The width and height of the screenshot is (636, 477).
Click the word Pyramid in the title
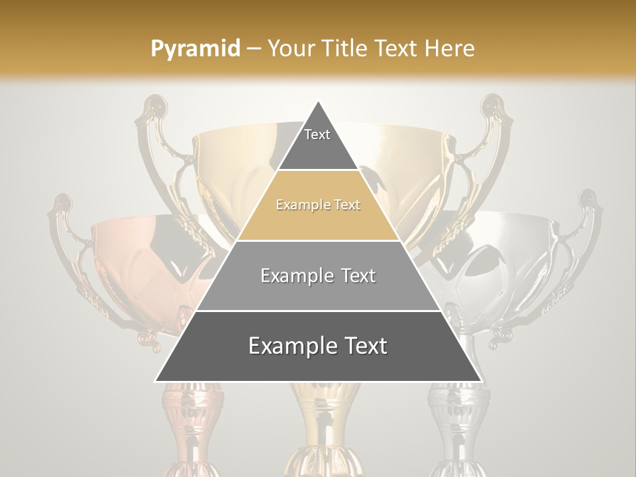coord(195,49)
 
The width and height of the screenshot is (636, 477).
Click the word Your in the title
coord(290,49)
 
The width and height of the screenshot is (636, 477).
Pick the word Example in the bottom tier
coord(288,346)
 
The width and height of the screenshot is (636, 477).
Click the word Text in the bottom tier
coord(362,346)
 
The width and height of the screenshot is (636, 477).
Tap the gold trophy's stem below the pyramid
coord(319,424)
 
